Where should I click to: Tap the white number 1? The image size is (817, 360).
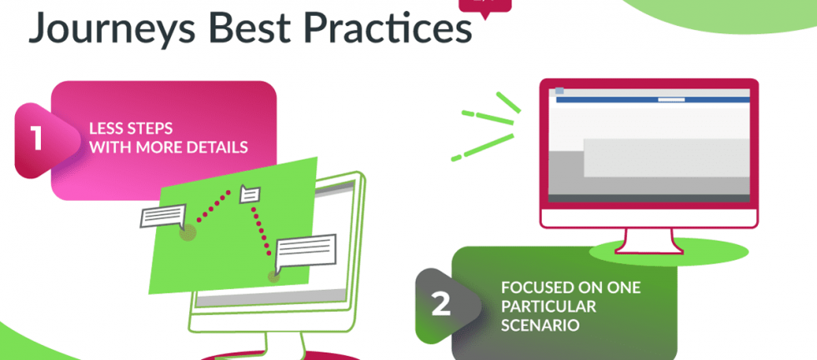pos(36,138)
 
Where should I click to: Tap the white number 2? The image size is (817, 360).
pos(441,304)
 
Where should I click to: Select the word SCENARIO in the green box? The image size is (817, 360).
pos(540,326)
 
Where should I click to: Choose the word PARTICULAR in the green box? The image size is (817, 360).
pos(549,307)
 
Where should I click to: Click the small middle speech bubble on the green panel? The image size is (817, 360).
pos(249,194)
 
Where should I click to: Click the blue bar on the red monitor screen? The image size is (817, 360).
pos(653,99)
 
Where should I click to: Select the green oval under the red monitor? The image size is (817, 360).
pos(669,252)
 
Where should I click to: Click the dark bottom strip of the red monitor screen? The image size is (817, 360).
pos(649,198)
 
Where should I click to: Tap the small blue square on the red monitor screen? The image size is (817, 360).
pos(559,91)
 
